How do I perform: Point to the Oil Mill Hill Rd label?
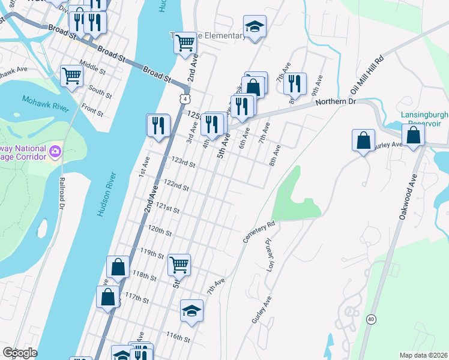point(367,76)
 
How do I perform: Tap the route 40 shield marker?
point(372,319)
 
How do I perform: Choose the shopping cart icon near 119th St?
point(179,263)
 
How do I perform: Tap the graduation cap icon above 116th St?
point(191,310)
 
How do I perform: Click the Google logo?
point(20,353)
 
